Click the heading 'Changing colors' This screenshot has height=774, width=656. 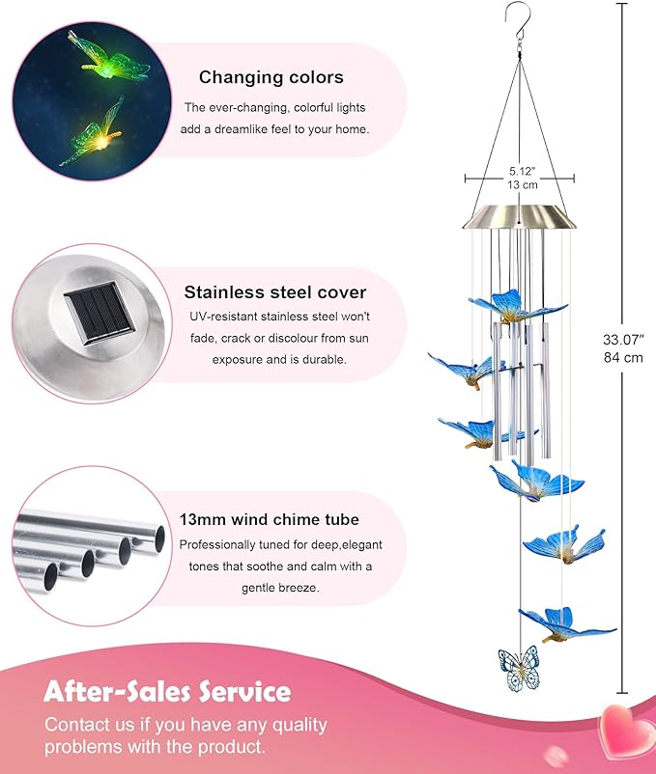pos(271,77)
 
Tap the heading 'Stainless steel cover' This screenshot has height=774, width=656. pos(275,292)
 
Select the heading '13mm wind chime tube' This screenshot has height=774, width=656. pos(270,519)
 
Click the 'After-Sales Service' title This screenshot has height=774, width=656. pos(167,691)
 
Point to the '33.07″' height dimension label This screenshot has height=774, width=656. pos(623,340)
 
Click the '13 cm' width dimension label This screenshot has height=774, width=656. pos(522,184)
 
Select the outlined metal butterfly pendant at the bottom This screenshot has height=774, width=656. pos(519,669)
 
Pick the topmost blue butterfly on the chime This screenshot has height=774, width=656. pos(516,307)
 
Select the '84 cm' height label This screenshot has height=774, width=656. pos(623,357)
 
